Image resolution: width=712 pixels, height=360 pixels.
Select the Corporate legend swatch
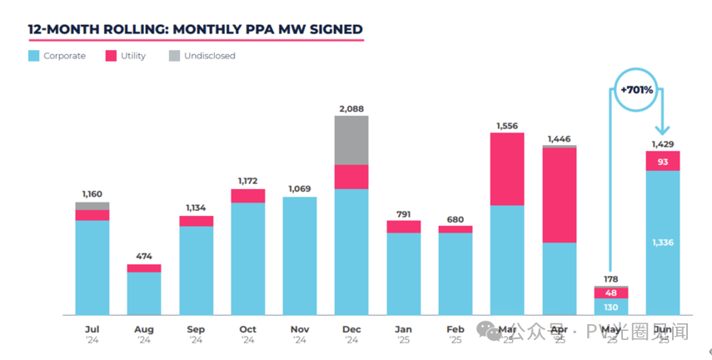coord(33,56)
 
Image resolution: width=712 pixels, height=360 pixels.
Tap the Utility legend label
coord(132,56)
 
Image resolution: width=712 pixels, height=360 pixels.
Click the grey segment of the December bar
coord(351,140)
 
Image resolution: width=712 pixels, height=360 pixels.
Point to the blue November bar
coord(300,256)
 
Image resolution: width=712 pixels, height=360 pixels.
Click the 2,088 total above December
coord(351,108)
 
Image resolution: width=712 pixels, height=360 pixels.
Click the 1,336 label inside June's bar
coord(663,242)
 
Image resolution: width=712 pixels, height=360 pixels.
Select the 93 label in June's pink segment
coord(663,161)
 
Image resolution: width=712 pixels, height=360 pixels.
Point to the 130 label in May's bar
coord(611,307)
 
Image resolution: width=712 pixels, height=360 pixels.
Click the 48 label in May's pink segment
coord(611,292)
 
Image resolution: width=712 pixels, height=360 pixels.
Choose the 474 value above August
coord(144,257)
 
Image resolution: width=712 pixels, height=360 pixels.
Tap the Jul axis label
coord(92,330)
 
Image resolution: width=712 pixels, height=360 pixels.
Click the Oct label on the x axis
coord(247,330)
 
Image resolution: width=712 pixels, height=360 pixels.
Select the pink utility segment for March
coord(507,169)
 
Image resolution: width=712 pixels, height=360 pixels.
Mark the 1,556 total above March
coord(507,125)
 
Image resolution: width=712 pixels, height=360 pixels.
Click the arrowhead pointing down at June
coord(663,129)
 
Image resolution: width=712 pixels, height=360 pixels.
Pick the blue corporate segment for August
coord(144,293)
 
